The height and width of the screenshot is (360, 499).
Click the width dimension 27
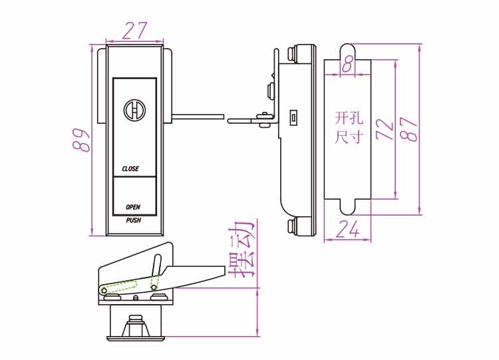[134, 30]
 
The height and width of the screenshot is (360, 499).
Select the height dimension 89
[81, 140]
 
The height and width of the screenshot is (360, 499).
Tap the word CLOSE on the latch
[130, 168]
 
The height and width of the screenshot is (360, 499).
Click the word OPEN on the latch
[132, 207]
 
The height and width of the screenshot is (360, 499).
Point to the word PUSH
[133, 220]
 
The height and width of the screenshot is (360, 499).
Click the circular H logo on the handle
[134, 110]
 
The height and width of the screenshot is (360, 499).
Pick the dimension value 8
[347, 65]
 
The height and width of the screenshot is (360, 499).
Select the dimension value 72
[385, 129]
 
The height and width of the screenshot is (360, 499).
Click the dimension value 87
[409, 129]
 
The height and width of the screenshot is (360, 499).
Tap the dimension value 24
[347, 229]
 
